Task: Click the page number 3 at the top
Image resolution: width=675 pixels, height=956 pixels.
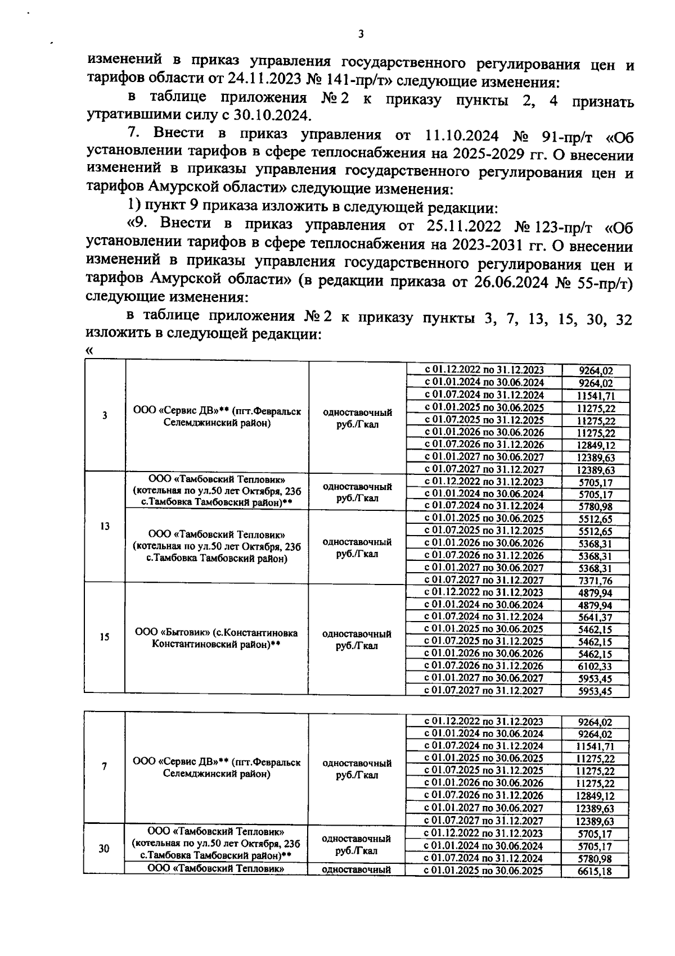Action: point(361,34)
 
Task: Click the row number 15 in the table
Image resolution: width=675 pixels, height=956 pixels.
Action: point(105,637)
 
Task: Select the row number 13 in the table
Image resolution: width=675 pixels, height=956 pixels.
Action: point(105,527)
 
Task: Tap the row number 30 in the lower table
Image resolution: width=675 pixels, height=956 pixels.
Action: point(104,849)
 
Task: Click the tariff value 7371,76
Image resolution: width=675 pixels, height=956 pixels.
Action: point(595,581)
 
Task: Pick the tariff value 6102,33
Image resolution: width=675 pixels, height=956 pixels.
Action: point(595,666)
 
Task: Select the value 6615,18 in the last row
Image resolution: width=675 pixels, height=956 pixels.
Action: point(595,872)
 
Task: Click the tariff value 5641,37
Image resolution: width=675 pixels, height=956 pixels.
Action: point(595,617)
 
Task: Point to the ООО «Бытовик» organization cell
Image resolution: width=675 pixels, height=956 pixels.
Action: point(217,638)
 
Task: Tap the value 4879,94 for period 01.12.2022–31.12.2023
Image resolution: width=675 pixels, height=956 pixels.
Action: point(595,593)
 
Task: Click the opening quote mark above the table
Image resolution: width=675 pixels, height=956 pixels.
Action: point(88,351)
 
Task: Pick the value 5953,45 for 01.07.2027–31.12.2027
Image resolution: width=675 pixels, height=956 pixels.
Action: point(595,691)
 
